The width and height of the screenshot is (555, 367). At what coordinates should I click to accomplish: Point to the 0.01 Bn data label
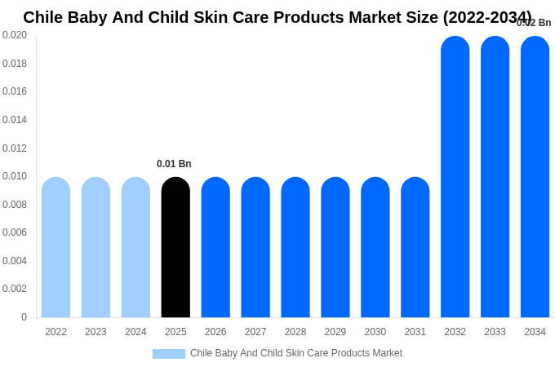point(174,164)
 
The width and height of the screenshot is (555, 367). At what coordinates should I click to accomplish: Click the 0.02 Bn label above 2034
point(534,23)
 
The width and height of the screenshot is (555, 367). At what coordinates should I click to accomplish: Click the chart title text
point(277,17)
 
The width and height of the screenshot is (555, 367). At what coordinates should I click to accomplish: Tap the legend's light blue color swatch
point(168,354)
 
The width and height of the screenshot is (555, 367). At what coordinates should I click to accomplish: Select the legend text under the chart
point(296,353)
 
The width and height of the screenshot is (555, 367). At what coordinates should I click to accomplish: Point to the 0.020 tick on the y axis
point(15,35)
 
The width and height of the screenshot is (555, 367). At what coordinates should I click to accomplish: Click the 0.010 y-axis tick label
point(15,176)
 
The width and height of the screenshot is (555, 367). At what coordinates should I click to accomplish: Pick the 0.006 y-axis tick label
point(15,232)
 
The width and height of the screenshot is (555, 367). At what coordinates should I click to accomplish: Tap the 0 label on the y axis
point(24,317)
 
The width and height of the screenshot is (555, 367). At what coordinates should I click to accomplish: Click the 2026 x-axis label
point(215,332)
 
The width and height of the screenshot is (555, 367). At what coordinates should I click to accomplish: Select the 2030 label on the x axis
point(375,332)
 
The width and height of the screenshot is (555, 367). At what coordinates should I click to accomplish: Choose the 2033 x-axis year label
point(495,332)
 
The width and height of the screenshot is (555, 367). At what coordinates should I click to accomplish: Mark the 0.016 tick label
point(15,91)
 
